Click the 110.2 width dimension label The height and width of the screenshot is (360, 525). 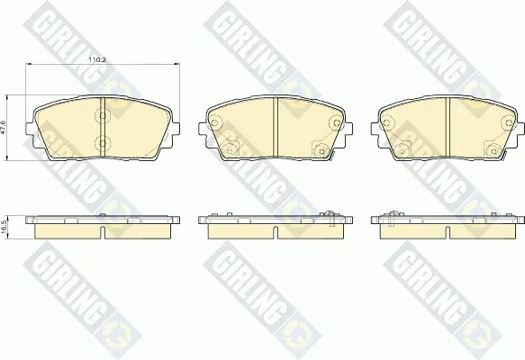pyautogui.click(x=96, y=60)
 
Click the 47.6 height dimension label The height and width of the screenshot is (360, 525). pyautogui.click(x=4, y=128)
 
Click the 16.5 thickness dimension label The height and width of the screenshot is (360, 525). pyautogui.click(x=4, y=227)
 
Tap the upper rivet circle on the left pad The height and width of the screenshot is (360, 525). pyautogui.click(x=103, y=116)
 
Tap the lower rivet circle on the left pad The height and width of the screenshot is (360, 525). pyautogui.click(x=103, y=144)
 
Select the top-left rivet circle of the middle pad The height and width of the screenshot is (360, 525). pyautogui.click(x=215, y=121)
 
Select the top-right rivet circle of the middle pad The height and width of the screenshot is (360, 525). pyautogui.click(x=335, y=121)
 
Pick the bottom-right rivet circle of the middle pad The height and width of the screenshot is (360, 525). pyautogui.click(x=321, y=150)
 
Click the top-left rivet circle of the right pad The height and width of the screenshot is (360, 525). pyautogui.click(x=387, y=122)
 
